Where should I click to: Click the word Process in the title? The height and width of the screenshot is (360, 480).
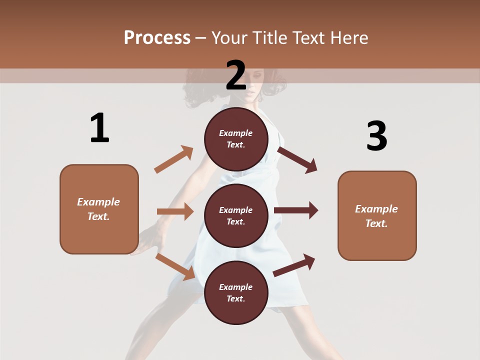pyautogui.click(x=157, y=38)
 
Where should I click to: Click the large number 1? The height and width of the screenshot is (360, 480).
pyautogui.click(x=99, y=128)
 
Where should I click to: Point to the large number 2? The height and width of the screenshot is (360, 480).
pyautogui.click(x=236, y=75)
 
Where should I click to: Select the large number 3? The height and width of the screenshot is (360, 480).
pyautogui.click(x=376, y=136)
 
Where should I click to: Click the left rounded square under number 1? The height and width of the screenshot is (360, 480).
pyautogui.click(x=99, y=209)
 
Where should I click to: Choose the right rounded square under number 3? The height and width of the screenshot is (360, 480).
pyautogui.click(x=377, y=215)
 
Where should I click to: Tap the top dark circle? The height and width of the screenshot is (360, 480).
pyautogui.click(x=236, y=138)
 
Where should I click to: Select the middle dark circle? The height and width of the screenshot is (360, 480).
pyautogui.click(x=236, y=215)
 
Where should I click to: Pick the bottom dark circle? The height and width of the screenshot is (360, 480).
pyautogui.click(x=236, y=292)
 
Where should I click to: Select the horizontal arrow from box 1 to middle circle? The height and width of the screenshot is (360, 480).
pyautogui.click(x=175, y=211)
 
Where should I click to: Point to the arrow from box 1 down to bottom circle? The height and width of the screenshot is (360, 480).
pyautogui.click(x=175, y=266)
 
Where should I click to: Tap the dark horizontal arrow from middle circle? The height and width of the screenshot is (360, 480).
pyautogui.click(x=295, y=210)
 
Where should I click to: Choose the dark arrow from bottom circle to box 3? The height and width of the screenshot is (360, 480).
pyautogui.click(x=294, y=265)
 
